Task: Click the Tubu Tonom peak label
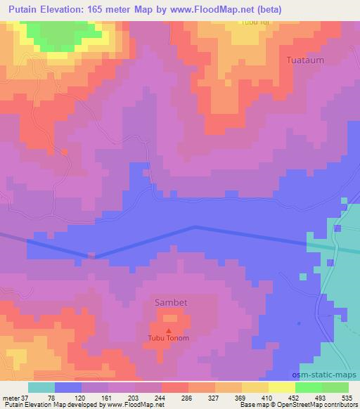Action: (168, 338)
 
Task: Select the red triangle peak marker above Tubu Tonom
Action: (168, 330)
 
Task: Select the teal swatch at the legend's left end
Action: (41, 388)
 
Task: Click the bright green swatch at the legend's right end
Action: (335, 388)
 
